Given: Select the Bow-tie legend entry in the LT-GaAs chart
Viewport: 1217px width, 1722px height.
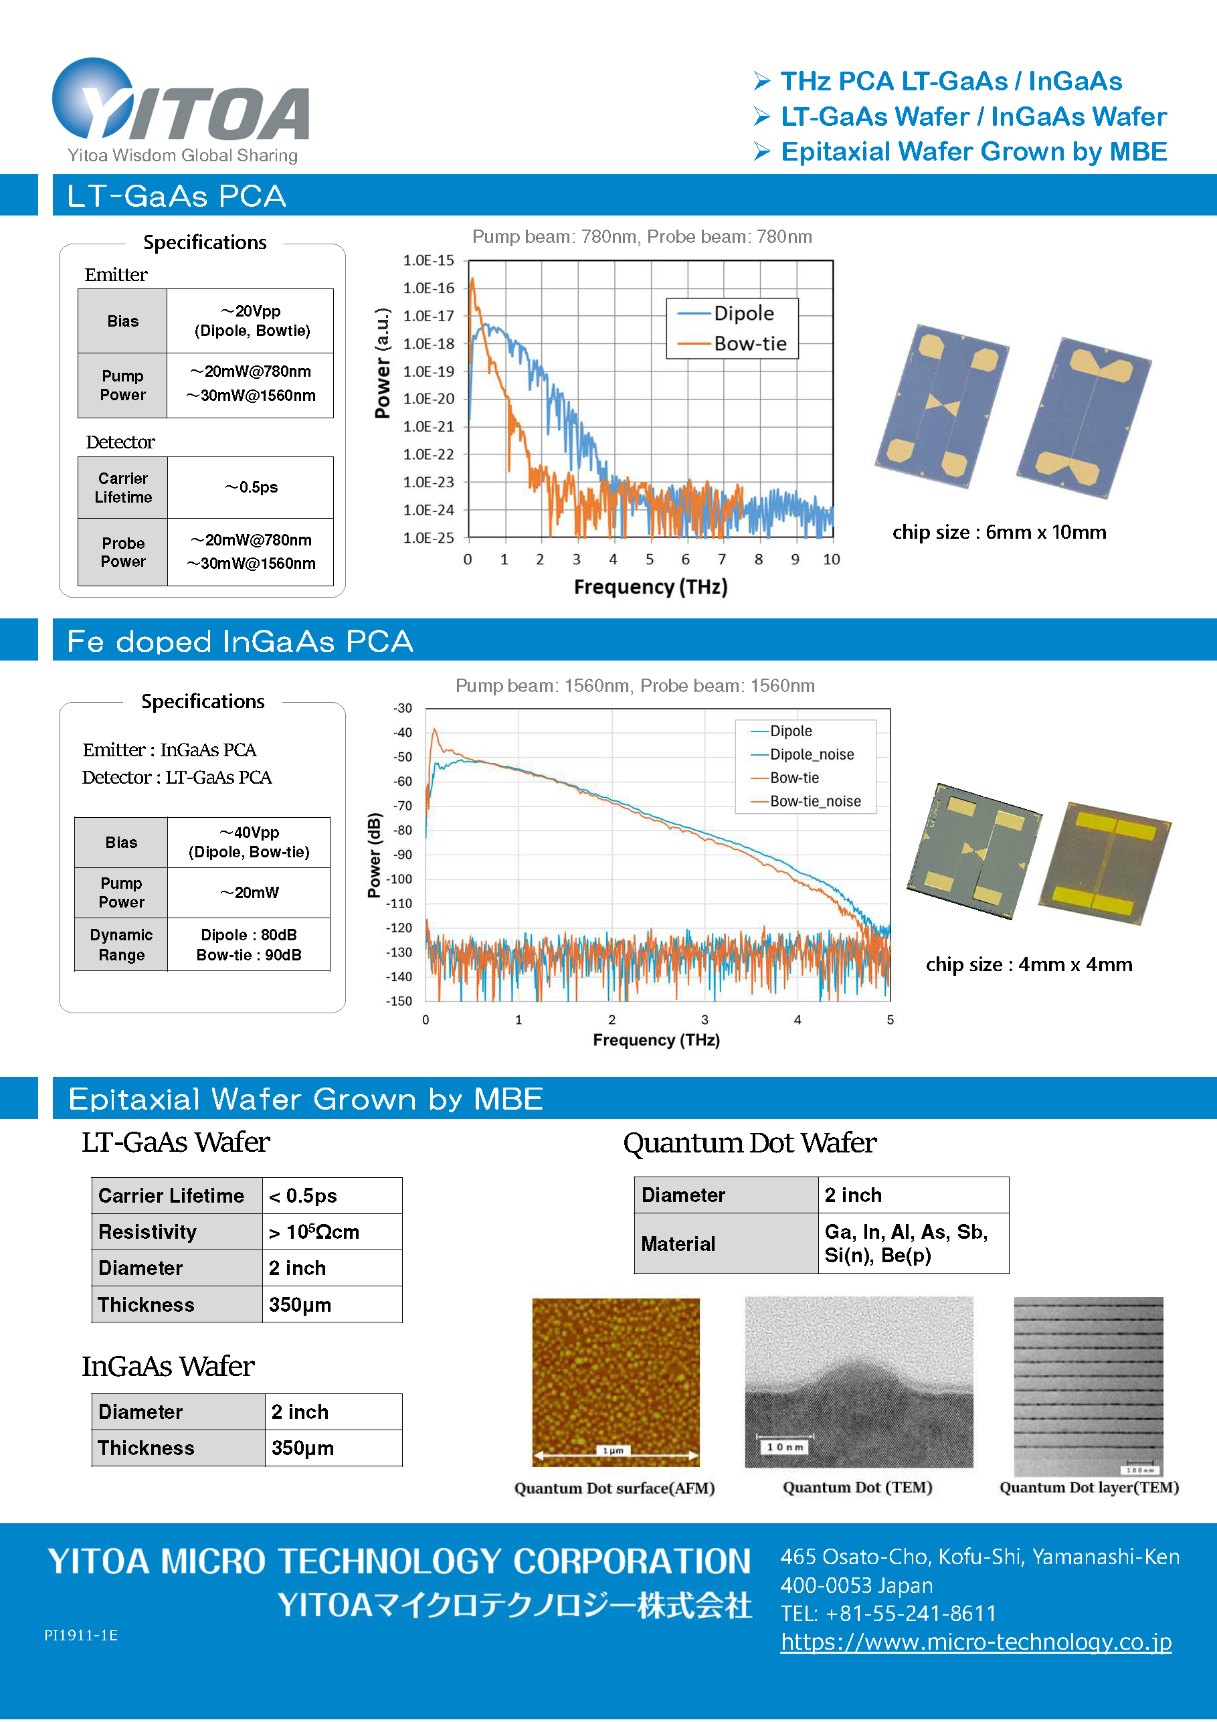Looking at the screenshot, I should pyautogui.click(x=749, y=343).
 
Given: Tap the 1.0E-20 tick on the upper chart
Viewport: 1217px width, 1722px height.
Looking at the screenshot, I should pyautogui.click(x=429, y=399).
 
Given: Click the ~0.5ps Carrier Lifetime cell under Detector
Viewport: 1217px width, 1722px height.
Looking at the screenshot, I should pyautogui.click(x=251, y=487).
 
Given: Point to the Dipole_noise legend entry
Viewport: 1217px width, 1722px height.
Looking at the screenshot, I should pyautogui.click(x=812, y=754).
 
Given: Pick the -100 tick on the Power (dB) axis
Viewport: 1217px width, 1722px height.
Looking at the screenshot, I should pyautogui.click(x=401, y=879).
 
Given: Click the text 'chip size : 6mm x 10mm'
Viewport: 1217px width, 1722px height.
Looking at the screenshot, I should pyautogui.click(x=999, y=533).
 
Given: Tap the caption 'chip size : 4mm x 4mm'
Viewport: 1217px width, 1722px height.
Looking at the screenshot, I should pyautogui.click(x=1029, y=964).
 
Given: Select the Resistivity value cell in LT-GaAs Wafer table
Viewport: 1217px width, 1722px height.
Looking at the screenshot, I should pyautogui.click(x=331, y=1232).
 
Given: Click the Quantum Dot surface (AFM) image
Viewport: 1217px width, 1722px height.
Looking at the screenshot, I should pyautogui.click(x=616, y=1381).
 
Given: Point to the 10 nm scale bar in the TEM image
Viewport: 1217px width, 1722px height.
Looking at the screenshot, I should pyautogui.click(x=784, y=1447).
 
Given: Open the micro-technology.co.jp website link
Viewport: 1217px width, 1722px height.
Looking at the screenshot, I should pyautogui.click(x=975, y=1642).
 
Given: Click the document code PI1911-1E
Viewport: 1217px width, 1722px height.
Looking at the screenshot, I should pyautogui.click(x=81, y=1636).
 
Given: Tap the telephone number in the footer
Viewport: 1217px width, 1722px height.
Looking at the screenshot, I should pyautogui.click(x=888, y=1614).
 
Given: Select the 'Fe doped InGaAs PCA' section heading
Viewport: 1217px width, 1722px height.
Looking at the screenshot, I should pyautogui.click(x=240, y=641).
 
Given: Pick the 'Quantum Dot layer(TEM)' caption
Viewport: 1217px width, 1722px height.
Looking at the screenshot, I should pyautogui.click(x=1089, y=1487).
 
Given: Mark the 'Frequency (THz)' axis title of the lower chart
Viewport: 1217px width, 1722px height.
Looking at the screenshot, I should pyautogui.click(x=656, y=1040).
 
